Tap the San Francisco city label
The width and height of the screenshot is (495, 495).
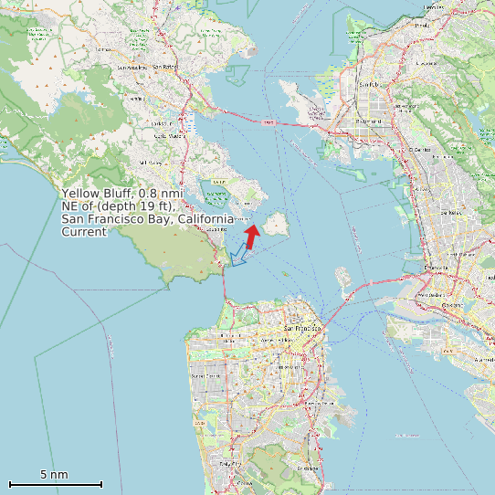303,328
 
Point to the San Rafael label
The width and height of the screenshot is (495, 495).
165,67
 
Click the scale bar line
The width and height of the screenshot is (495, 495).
55,483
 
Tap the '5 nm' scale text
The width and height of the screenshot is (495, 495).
54,474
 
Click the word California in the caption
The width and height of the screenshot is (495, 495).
205,220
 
